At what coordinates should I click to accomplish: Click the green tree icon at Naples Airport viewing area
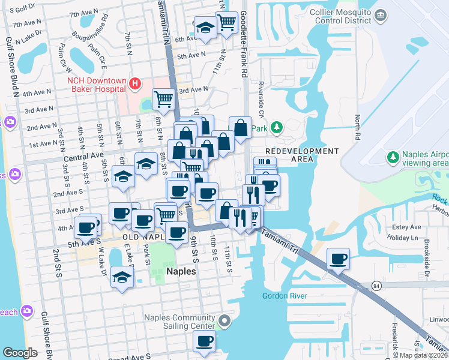393,157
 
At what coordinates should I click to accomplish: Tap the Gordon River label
285,296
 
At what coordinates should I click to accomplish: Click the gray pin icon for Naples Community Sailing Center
224,322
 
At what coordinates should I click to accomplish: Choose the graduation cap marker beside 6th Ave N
205,28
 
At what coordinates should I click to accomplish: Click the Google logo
20,353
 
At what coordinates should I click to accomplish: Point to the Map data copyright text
424,355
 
